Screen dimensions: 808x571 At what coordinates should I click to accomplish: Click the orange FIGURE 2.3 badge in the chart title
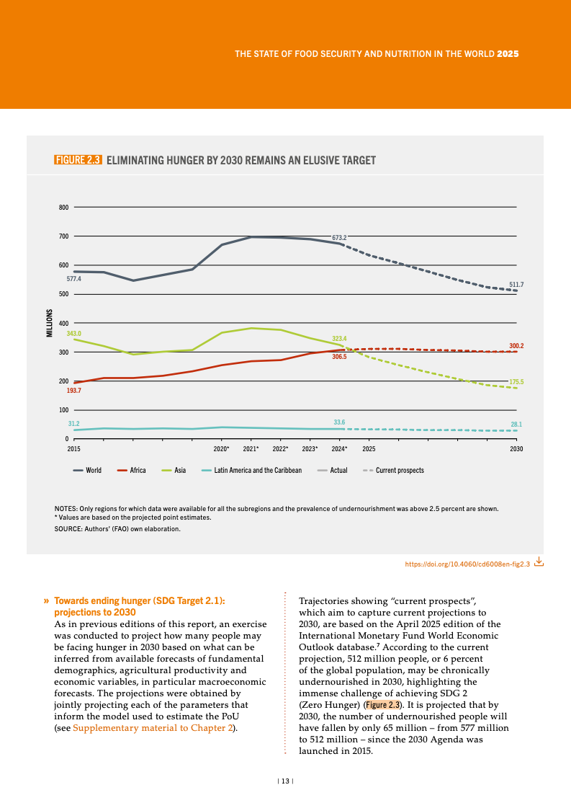[78, 160]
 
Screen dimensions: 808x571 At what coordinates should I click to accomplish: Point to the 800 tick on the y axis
[63, 208]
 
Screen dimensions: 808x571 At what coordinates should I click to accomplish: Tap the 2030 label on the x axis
[516, 449]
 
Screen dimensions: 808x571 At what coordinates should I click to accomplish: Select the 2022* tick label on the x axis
[280, 449]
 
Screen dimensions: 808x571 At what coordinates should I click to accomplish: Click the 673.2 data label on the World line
[340, 237]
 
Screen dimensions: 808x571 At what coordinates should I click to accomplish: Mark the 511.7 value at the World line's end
[516, 285]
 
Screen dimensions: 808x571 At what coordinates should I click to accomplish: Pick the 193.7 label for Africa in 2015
[73, 390]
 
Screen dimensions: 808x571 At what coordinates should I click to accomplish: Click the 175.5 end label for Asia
[516, 381]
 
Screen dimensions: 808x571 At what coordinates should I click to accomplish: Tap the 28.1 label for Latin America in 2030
[516, 425]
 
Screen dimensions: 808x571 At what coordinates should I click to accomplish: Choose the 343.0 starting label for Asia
[73, 333]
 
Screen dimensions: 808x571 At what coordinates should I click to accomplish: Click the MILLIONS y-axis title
[50, 323]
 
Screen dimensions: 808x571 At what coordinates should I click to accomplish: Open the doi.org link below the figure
[468, 564]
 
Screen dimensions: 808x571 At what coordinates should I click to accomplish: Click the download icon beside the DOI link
[539, 563]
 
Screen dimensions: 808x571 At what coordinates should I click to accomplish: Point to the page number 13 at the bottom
[285, 781]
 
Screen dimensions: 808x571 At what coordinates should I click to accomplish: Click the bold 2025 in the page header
[508, 54]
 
